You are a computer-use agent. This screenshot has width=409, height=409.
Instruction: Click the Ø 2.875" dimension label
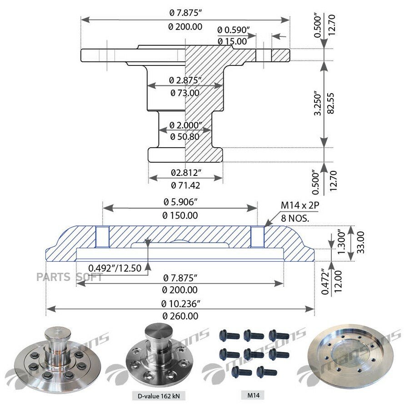click(185, 80)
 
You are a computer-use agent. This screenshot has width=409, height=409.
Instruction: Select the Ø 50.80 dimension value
click(185, 136)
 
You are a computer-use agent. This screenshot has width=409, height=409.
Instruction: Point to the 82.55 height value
click(330, 103)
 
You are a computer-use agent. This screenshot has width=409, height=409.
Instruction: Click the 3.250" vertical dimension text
click(318, 103)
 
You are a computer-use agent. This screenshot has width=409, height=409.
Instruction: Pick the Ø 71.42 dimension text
click(185, 185)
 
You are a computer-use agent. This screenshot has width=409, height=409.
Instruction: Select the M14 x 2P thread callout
click(300, 205)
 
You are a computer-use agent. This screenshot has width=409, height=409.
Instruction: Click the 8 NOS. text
click(295, 218)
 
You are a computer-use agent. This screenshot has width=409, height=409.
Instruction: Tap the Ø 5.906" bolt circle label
click(180, 202)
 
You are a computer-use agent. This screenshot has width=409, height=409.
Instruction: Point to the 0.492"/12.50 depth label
click(115, 268)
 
